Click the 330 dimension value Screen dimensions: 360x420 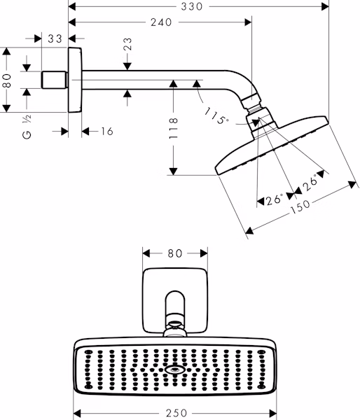coord(191,6)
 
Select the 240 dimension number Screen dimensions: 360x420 coord(161,22)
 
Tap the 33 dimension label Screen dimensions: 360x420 coord(55,38)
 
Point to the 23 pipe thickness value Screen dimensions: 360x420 coord(127,44)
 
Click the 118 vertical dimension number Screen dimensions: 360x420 coord(174,128)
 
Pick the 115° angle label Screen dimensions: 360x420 coord(216,116)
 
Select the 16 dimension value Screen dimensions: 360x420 coord(107,132)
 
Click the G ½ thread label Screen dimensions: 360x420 coord(27,127)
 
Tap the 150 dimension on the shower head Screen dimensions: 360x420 coord(300,206)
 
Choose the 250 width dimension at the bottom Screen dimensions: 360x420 coord(176,413)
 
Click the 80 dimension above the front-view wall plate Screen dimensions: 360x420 coord(175,253)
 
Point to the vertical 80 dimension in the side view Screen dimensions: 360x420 coord(6,81)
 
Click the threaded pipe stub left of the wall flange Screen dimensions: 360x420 coord(54,80)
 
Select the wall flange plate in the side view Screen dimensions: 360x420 coord(75,80)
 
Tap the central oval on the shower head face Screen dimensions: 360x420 coord(175,370)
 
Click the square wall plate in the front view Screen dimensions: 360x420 coord(175,301)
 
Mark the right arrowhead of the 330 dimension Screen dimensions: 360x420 coord(325,6)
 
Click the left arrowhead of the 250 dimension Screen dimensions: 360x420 coord(77,413)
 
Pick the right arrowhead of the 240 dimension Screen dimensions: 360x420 coord(248,22)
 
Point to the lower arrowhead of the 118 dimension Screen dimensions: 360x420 coord(174,171)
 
